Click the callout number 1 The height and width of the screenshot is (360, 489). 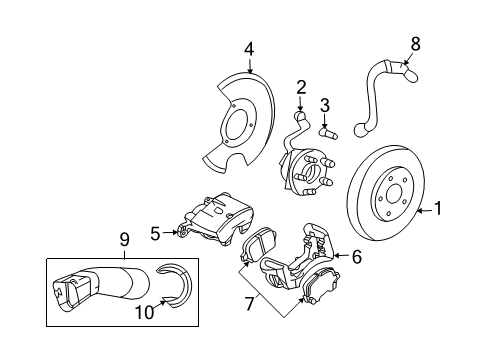[436, 210]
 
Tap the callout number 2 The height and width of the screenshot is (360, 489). [300, 88]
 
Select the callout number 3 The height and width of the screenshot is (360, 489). [325, 106]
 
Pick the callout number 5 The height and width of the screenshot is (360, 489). [155, 234]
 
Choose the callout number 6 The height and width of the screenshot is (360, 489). [356, 256]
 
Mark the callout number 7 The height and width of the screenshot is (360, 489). [248, 300]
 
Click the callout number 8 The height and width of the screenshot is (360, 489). [417, 42]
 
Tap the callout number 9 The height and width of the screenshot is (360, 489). [125, 240]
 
